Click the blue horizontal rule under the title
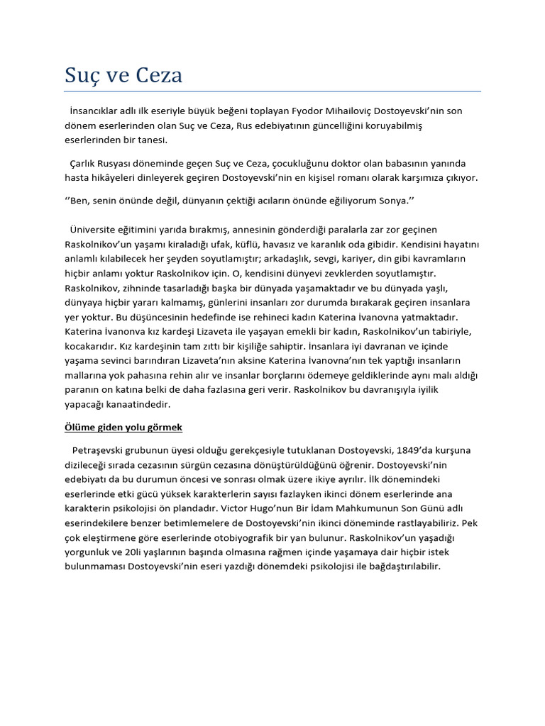pos(272,91)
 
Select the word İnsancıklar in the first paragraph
pos(97,111)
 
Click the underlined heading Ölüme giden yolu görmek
pos(123,428)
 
